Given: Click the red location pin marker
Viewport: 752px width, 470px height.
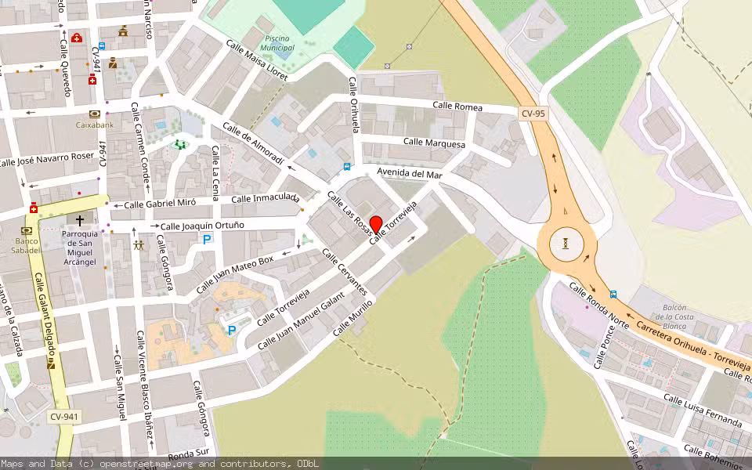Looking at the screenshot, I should [376, 224].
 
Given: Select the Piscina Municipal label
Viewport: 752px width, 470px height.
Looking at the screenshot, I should [280, 43].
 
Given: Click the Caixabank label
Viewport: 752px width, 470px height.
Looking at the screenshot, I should [95, 124].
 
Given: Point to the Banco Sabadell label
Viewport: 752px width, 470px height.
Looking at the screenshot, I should [27, 245].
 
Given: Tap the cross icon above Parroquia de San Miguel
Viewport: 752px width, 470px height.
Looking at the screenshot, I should [80, 222].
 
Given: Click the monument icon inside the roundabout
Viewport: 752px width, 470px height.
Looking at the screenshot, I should [565, 244].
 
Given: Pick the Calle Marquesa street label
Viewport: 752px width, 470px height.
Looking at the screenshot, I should [434, 143].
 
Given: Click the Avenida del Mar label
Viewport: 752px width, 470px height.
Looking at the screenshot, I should [410, 173].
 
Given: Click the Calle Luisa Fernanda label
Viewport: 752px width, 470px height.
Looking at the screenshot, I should [702, 410].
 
